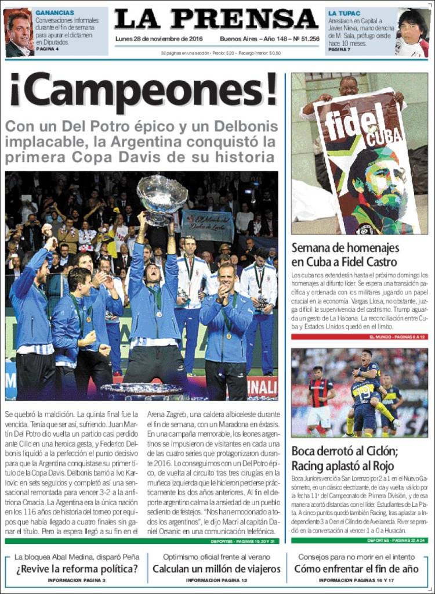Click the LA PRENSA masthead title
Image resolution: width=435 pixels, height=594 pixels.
coord(216,20)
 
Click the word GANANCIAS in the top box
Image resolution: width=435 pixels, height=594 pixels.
coord(55,12)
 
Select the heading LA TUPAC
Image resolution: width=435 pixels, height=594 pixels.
coord(344,12)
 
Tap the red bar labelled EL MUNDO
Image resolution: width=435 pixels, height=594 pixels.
coord(359,337)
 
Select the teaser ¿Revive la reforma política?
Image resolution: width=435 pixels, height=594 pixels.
coord(77,568)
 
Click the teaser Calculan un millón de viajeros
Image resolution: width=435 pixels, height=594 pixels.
coord(216,568)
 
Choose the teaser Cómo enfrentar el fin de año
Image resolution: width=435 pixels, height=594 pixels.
coord(356,568)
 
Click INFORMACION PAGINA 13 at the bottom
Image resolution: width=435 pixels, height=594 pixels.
coord(216,580)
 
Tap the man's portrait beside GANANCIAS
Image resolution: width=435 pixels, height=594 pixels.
coord(19,33)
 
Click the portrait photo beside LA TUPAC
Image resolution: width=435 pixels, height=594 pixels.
coord(414,33)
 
